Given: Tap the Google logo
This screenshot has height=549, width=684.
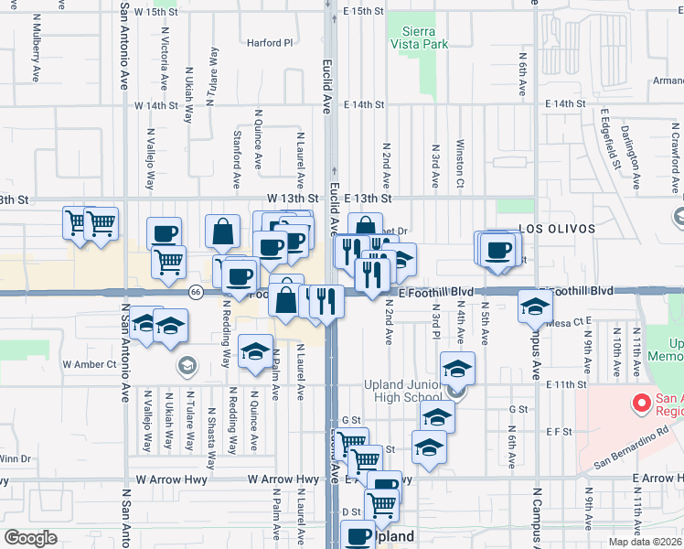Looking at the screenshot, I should [31, 537].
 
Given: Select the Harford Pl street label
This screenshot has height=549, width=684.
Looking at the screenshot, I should [270, 42].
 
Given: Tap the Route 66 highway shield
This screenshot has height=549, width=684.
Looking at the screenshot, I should [196, 292].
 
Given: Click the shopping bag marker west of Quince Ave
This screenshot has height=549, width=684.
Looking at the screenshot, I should [222, 233].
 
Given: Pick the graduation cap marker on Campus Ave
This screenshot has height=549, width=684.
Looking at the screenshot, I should [535, 307].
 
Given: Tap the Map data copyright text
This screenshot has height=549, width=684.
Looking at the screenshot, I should [646, 541].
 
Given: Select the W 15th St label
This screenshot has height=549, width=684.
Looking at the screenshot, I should [155, 11].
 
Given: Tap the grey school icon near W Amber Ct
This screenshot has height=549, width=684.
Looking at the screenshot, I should [187, 365].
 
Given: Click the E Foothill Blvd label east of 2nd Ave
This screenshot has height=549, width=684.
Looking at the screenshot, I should [437, 291].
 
